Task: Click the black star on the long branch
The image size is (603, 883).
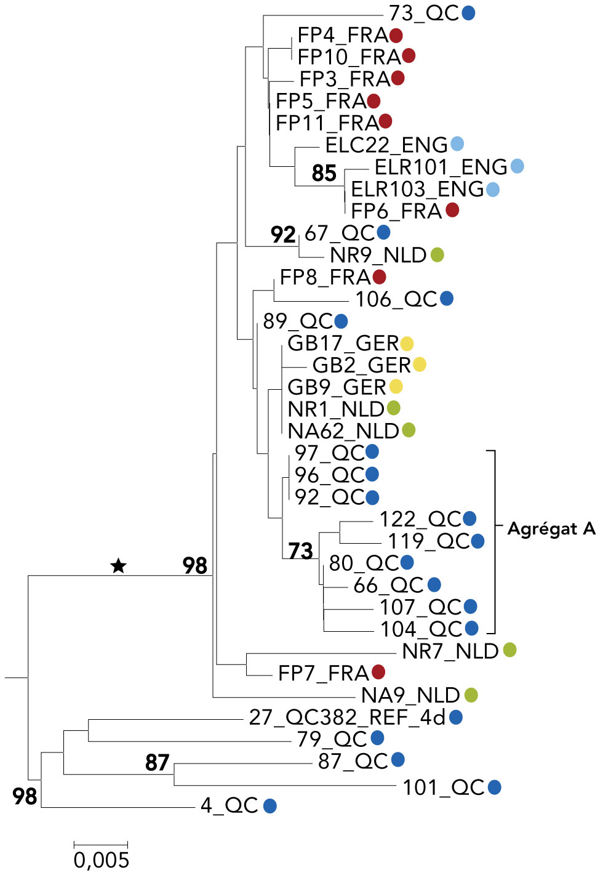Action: click(118, 565)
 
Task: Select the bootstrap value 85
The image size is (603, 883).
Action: click(324, 174)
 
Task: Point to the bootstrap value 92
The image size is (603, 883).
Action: click(283, 235)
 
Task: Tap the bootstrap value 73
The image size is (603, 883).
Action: click(300, 550)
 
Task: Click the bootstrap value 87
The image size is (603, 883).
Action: click(158, 763)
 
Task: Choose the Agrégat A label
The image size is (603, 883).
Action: click(551, 529)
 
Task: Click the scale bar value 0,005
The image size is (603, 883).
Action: click(102, 860)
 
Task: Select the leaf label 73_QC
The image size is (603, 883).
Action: click(424, 13)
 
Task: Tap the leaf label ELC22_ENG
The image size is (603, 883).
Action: click(386, 145)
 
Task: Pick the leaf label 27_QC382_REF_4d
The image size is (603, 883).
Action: click(347, 717)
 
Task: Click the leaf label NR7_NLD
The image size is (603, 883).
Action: click(450, 651)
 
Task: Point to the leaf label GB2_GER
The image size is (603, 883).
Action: click(362, 365)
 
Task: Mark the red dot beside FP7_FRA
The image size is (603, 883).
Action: click(378, 672)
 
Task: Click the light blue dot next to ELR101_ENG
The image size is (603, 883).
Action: click(517, 166)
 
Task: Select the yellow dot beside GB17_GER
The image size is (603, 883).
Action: click(407, 343)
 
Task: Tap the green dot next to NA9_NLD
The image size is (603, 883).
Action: click(471, 695)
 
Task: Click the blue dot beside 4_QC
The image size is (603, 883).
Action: click(270, 805)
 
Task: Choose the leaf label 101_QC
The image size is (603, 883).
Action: click(444, 788)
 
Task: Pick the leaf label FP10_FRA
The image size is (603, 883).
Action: click(349, 57)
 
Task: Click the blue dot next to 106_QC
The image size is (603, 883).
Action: click(447, 299)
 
